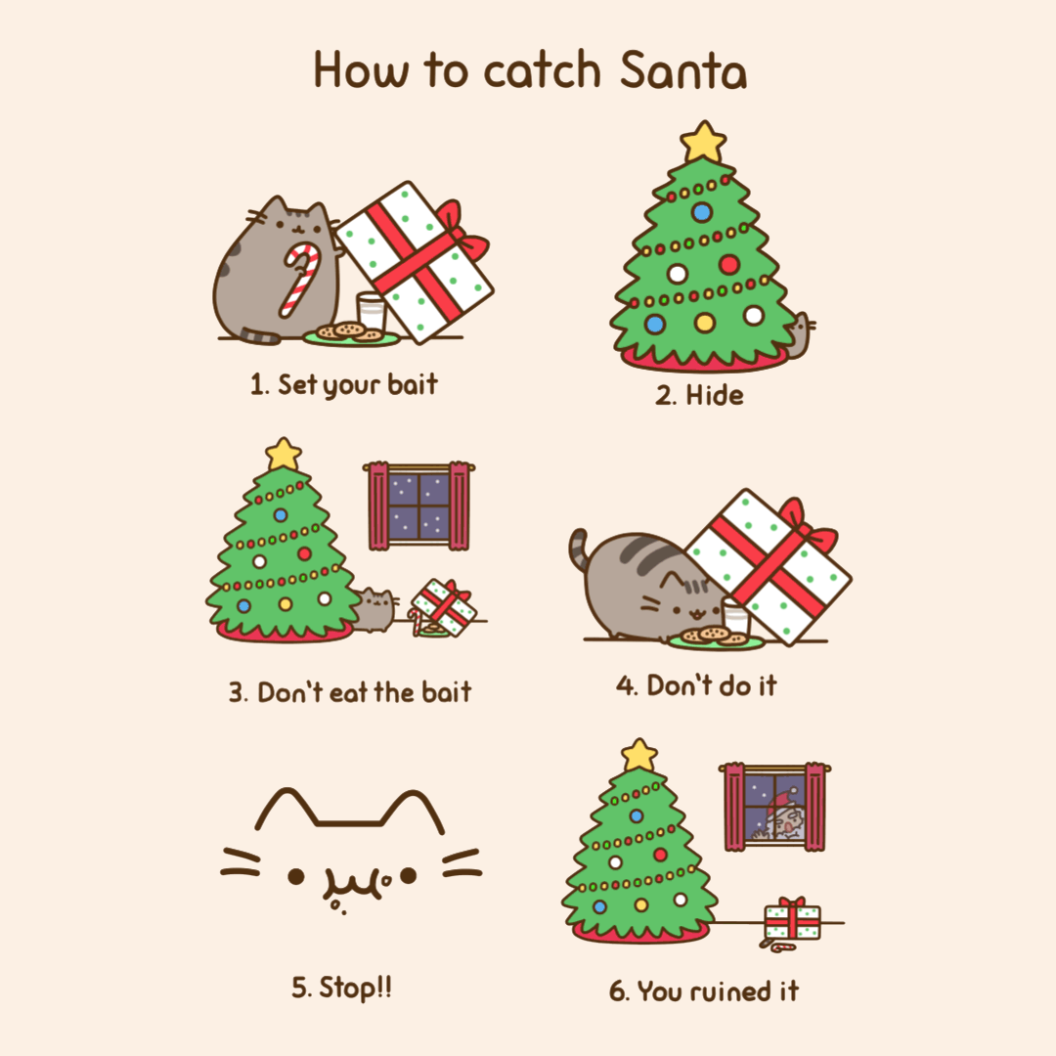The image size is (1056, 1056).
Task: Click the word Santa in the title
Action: [x=682, y=70]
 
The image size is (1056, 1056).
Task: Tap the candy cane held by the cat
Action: [x=300, y=278]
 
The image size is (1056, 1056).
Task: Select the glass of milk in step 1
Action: [x=372, y=311]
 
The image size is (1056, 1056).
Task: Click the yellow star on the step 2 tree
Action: [x=702, y=142]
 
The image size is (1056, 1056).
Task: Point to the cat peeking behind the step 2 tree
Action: [x=800, y=334]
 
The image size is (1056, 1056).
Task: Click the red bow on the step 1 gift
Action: [x=463, y=233]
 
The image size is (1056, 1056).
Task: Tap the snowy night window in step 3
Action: [x=418, y=506]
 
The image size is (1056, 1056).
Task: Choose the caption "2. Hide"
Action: [x=700, y=395]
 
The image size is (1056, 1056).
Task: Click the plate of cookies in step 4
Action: [x=716, y=638]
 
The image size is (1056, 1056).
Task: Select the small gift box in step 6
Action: [x=793, y=918]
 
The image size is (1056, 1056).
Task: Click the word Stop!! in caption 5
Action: [x=355, y=988]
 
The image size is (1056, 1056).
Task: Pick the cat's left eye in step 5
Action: [x=295, y=876]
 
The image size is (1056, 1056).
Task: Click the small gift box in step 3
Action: [x=444, y=606]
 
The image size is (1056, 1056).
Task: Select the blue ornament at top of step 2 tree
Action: [x=702, y=212]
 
